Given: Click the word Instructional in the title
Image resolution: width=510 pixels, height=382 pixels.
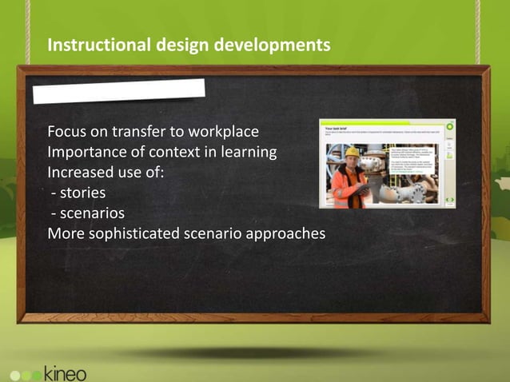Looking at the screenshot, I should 94,46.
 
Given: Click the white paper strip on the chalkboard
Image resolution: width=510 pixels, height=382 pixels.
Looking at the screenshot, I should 118,91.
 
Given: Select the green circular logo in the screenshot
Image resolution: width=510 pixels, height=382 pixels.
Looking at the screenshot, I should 449,126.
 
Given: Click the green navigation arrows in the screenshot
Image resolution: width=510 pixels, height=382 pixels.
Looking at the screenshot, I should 449,199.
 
